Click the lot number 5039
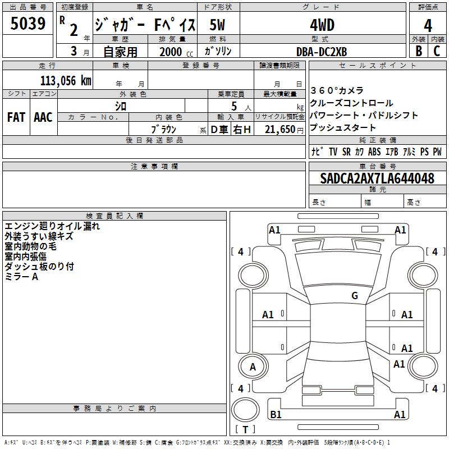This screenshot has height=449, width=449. tap(28, 24)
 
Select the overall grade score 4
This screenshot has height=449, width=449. tap(428, 25)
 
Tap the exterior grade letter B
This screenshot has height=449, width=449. tap(419, 51)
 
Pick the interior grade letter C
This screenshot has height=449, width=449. tap(437, 51)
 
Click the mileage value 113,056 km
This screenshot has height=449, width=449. tap(66, 81)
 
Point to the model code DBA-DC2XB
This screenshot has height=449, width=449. tap(322, 52)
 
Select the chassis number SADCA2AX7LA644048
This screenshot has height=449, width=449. tap(377, 178)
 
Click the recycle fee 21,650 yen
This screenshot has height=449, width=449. tap(284, 130)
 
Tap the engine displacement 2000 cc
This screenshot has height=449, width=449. tap(176, 52)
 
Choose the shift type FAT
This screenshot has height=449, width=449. tap(16, 117)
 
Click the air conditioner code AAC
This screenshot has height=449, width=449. tap(43, 117)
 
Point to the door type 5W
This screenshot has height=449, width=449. tap(217, 25)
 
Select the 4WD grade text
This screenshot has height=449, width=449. tap(322, 25)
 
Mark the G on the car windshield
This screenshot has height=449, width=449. tap(355, 296)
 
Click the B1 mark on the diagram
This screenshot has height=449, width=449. tap(276, 414)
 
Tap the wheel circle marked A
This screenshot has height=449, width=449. tap(253, 366)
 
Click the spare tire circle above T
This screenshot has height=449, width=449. tap(245, 410)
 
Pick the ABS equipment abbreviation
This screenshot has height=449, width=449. tap(374, 152)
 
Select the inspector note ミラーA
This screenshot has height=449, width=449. tap(21, 277)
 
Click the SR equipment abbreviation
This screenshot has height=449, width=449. tap(346, 152)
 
